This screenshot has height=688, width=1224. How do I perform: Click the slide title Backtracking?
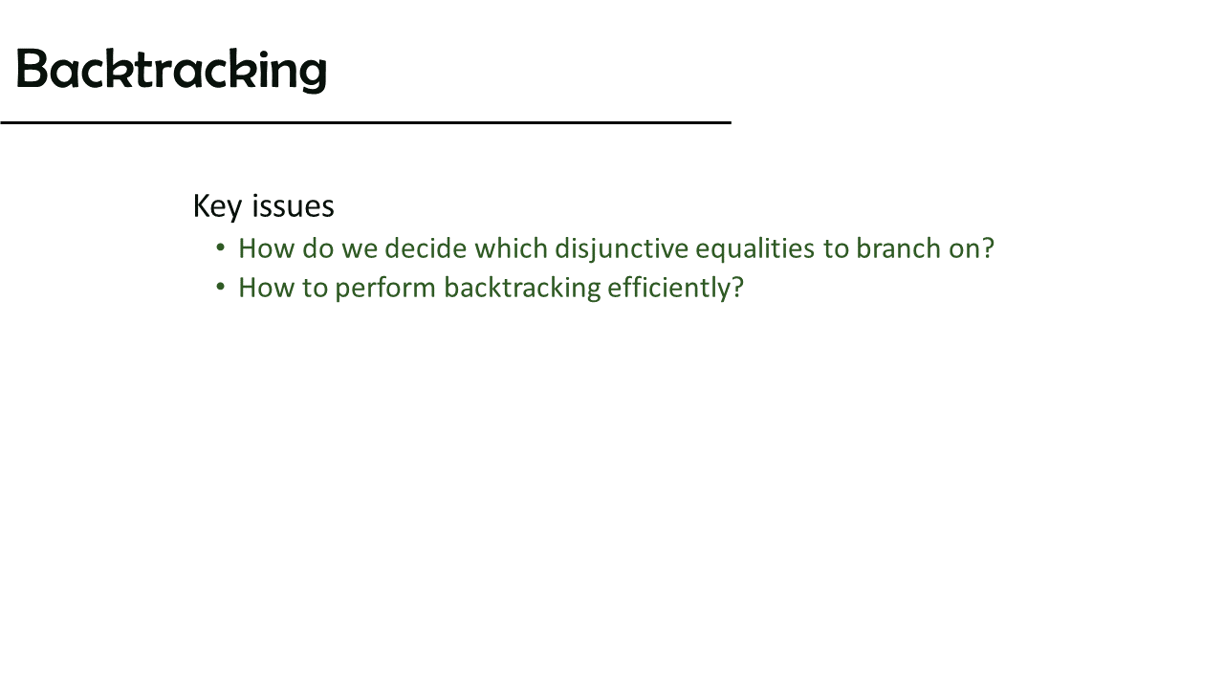tap(171, 70)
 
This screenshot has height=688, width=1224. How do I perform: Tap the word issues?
tap(293, 206)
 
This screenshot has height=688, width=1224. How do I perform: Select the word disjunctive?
tap(622, 249)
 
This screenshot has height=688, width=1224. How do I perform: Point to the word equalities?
tap(755, 249)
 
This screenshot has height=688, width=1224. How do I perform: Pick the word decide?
tap(426, 248)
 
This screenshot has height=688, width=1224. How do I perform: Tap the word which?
tap(511, 248)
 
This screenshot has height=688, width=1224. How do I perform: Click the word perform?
tap(385, 289)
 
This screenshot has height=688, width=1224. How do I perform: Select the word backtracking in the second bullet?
tap(522, 289)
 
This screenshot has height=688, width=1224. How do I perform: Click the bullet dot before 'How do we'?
tap(221, 247)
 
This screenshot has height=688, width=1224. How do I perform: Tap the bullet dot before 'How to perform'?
tap(221, 288)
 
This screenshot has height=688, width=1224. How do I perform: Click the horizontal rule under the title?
tap(365, 123)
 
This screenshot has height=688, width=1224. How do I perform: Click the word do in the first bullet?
tap(318, 248)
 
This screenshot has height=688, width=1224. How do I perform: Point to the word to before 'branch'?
tap(836, 249)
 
